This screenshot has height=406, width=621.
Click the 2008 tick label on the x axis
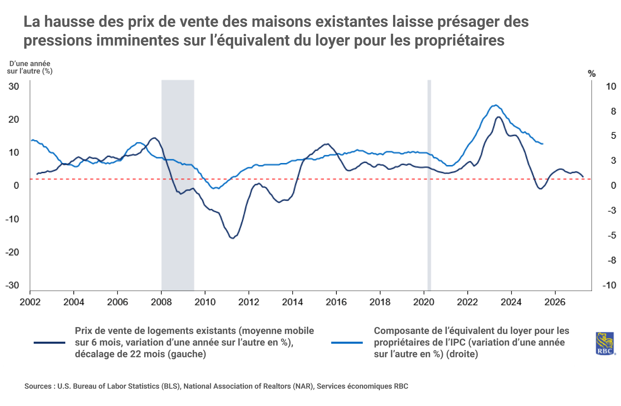[161, 302]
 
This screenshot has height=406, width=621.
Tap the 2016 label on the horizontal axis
[336, 302]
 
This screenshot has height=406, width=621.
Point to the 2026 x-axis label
[555, 302]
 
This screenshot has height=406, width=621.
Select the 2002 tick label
[30, 302]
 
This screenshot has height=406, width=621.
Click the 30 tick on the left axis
[14, 86]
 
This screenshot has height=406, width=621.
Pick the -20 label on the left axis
[12, 252]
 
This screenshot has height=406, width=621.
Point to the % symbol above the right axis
[592, 74]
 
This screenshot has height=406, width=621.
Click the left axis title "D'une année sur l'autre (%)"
[30, 67]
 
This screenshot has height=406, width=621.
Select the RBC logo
[605, 343]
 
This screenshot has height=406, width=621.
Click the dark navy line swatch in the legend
[49, 343]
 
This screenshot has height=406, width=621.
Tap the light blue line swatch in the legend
[347, 343]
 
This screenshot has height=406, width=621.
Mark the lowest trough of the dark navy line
[232, 238]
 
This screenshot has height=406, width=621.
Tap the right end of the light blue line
[542, 144]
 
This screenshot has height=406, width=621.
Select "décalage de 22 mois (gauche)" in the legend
[140, 354]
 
